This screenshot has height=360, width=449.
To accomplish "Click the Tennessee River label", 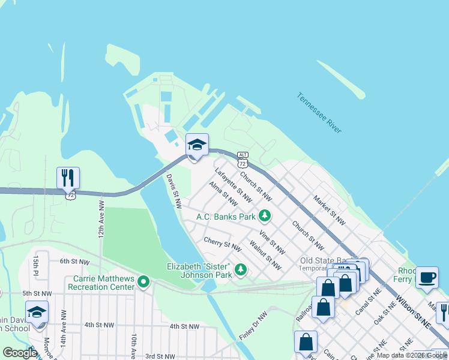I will tap(319, 113).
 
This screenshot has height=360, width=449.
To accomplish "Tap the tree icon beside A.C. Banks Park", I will tap(264, 216).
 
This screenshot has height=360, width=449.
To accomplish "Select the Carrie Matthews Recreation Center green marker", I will tap(143, 281).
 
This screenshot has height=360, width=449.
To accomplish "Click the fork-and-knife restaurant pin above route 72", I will tap(68, 178).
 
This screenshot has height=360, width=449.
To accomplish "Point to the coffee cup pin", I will tap(427, 277).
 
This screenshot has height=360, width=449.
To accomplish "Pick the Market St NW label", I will tap(330, 210).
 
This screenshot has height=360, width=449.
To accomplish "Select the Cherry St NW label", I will tap(222, 244).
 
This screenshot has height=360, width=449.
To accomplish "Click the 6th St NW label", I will tap(74, 262).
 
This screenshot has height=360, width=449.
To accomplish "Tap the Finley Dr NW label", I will tap(253, 325).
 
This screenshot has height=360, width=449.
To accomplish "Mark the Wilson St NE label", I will tap(414, 311).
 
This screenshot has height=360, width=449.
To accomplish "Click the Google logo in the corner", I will tap(20, 353).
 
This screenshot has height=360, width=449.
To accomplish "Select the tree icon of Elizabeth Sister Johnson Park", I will tap(241, 270).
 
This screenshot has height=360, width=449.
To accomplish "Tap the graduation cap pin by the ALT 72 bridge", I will tap(197, 145).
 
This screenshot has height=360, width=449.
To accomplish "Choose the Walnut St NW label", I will tap(265, 256).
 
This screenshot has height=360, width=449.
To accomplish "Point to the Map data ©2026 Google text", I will tap(412, 355).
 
